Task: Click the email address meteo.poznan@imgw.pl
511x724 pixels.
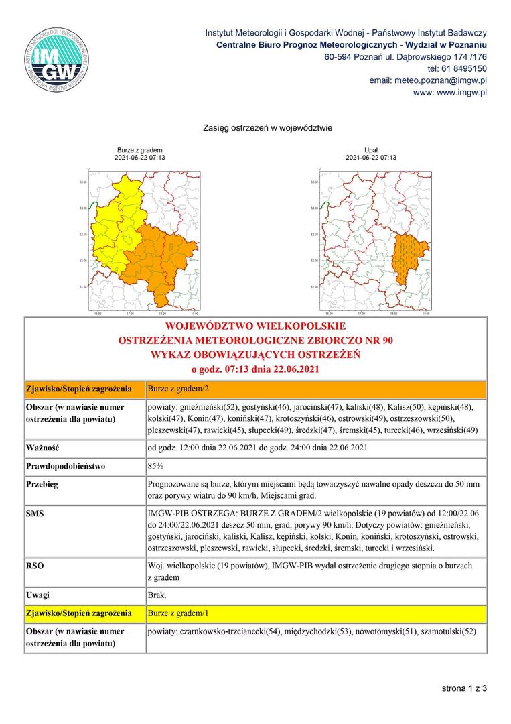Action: (x=428, y=80)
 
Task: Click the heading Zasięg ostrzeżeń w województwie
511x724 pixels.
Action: (x=268, y=127)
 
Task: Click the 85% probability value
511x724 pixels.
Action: (x=155, y=465)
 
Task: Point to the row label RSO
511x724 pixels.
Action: (x=35, y=566)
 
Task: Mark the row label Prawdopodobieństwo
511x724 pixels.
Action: (x=66, y=465)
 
